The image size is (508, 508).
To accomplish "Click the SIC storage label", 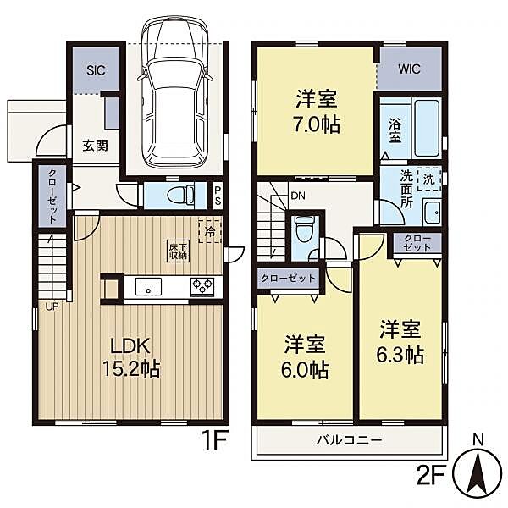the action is click(96, 70).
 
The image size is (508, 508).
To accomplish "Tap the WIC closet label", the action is click(409, 69).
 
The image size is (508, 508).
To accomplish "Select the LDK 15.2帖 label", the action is click(131, 357).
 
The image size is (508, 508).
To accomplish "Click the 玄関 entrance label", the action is click(95, 146).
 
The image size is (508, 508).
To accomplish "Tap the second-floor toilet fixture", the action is click(304, 229).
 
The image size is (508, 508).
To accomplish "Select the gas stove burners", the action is click(202, 286).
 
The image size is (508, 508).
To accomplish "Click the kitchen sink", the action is click(148, 286).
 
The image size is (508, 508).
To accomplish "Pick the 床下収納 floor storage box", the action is click(178, 251).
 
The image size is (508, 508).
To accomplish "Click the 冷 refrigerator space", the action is click(210, 231).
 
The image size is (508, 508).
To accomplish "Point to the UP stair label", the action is click(52, 306).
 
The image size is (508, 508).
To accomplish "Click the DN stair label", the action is click(298, 196).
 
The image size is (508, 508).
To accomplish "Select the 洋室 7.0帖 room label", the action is click(317, 112).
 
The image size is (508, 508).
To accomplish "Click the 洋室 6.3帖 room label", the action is click(400, 342).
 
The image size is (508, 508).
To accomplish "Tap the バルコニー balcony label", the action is click(350, 440).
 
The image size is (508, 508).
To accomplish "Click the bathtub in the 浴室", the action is click(427, 129).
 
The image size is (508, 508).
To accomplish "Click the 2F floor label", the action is click(430, 475).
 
